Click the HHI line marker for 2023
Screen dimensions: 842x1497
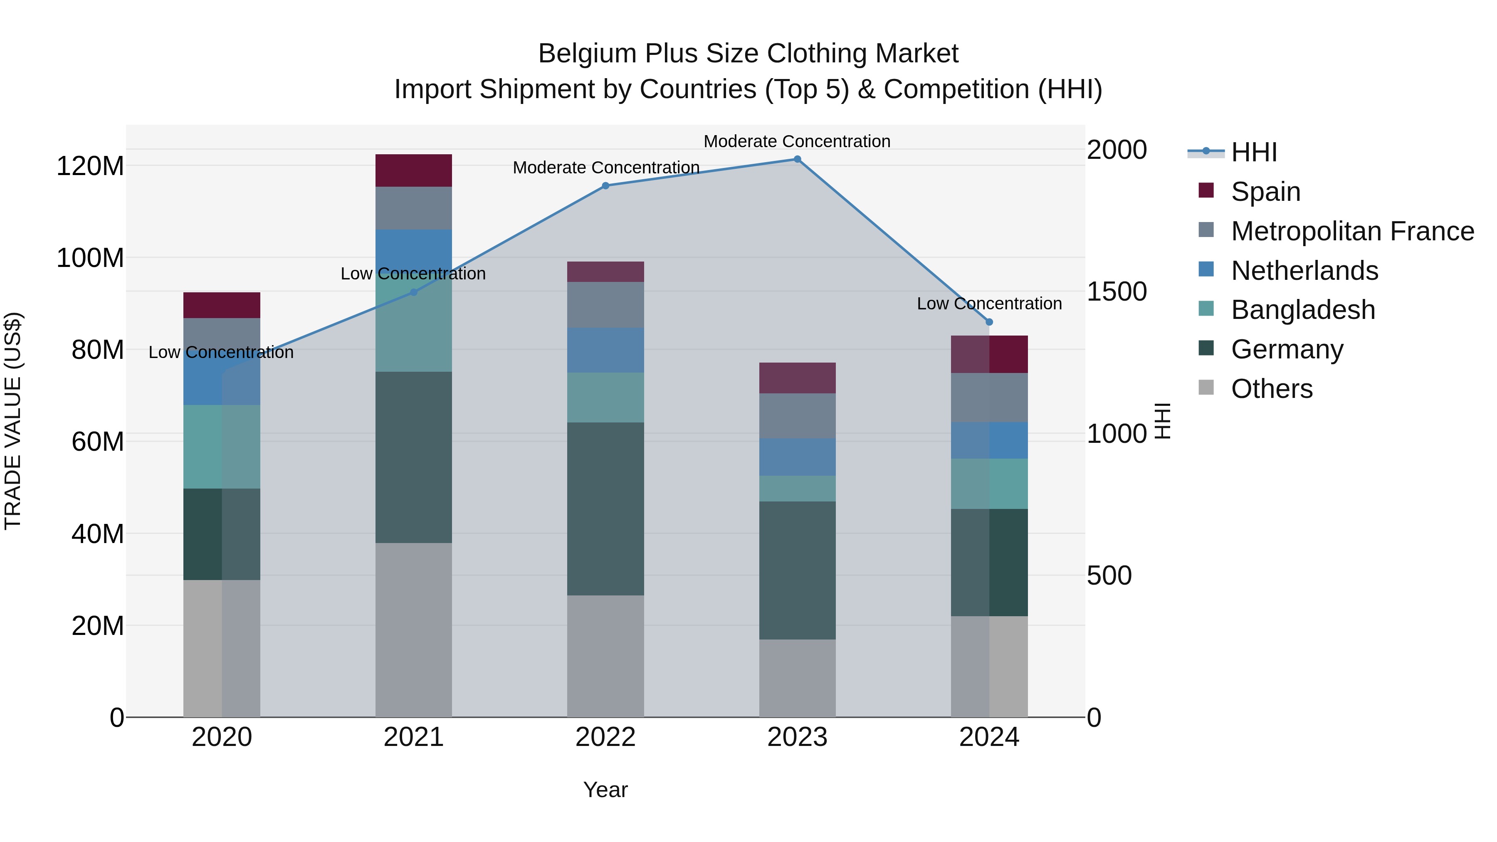797,159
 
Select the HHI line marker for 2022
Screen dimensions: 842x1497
605,186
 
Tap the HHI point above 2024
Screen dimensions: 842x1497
989,322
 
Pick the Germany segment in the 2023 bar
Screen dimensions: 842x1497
797,570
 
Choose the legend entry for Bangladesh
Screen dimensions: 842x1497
1302,310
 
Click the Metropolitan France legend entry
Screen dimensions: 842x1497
1352,231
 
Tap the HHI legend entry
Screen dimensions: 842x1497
1253,152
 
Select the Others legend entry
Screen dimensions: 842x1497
1272,389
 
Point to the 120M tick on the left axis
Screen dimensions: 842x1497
90,166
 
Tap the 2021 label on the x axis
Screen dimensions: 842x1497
413,737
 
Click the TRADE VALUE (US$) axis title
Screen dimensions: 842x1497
13,421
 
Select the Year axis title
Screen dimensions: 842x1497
605,790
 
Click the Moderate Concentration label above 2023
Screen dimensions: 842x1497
797,141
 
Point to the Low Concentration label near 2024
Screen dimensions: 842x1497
989,304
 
